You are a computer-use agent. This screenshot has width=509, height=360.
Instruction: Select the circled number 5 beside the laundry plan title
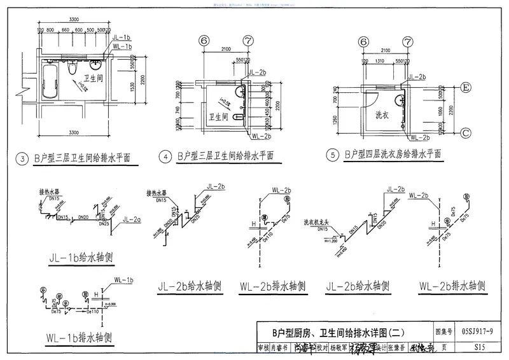(x=331, y=155)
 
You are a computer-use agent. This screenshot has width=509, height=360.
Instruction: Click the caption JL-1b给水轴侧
(x=81, y=258)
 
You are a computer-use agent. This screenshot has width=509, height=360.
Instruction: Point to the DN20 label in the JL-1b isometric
(x=83, y=218)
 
